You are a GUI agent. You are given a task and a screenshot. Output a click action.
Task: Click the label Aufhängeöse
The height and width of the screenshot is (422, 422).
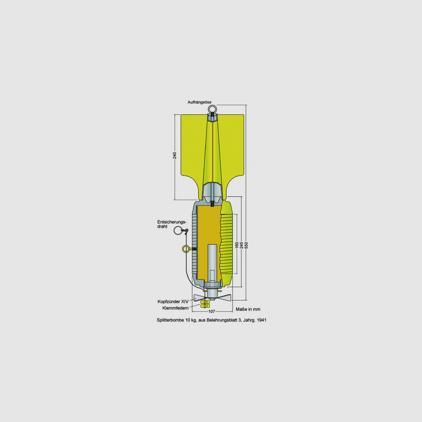click(199, 102)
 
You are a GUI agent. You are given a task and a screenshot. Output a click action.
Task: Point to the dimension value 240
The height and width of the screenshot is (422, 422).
click(175, 155)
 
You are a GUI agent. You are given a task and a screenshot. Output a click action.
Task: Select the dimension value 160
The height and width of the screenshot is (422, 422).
click(237, 245)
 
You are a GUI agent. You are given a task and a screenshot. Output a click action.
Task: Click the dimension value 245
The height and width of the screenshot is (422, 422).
click(242, 245)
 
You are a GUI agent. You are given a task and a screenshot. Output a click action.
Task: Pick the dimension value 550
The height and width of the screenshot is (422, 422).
click(246, 245)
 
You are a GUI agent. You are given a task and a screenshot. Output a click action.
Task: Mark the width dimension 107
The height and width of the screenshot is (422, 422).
click(212, 312)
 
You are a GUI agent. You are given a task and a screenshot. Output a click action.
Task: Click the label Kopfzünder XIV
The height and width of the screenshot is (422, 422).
click(173, 302)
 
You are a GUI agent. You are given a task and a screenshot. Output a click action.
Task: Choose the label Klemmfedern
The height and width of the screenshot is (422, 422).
click(175, 308)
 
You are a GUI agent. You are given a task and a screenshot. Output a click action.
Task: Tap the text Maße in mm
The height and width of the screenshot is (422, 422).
click(248, 309)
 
